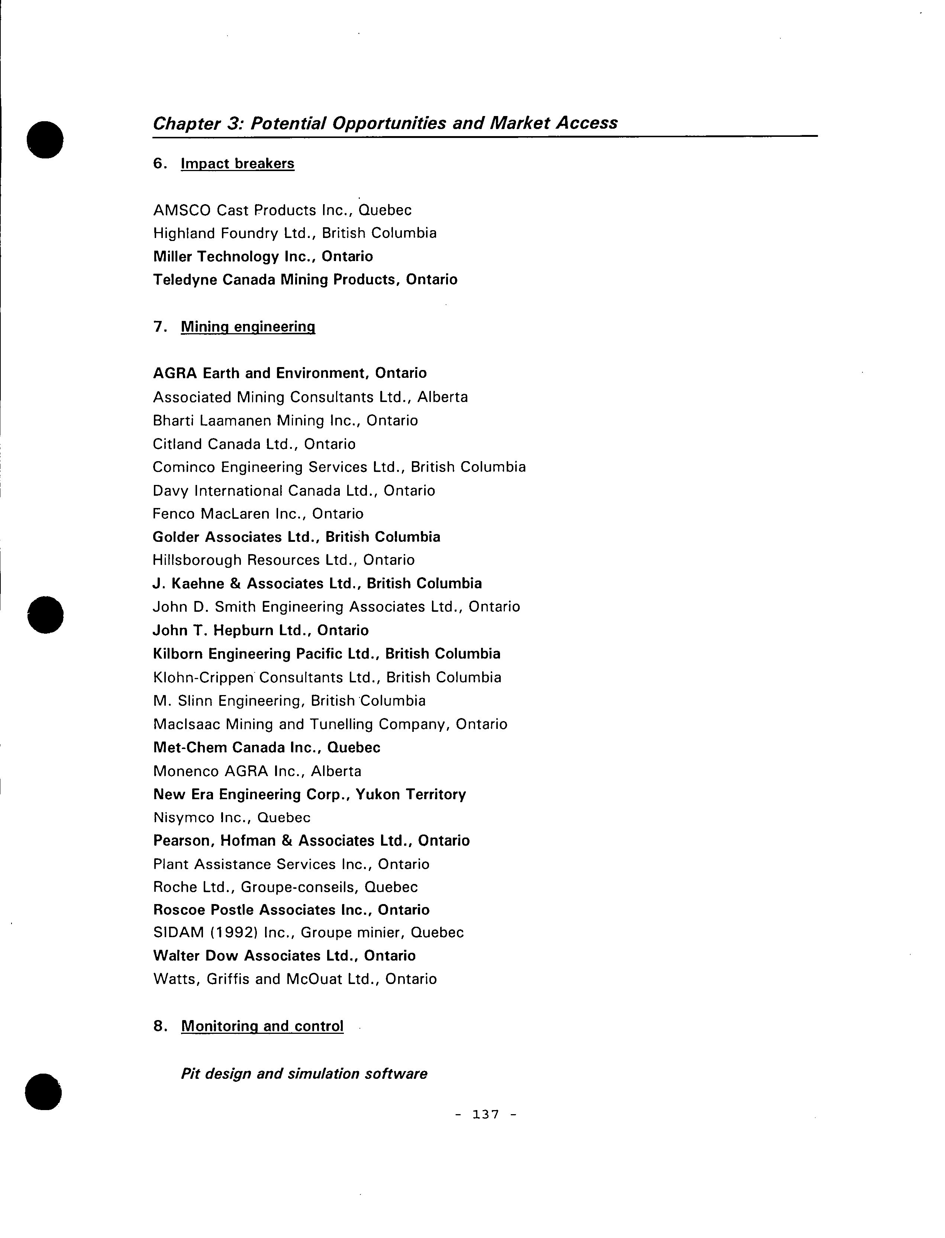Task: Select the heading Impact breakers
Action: [238, 164]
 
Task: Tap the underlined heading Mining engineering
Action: [248, 327]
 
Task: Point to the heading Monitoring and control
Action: [262, 1026]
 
